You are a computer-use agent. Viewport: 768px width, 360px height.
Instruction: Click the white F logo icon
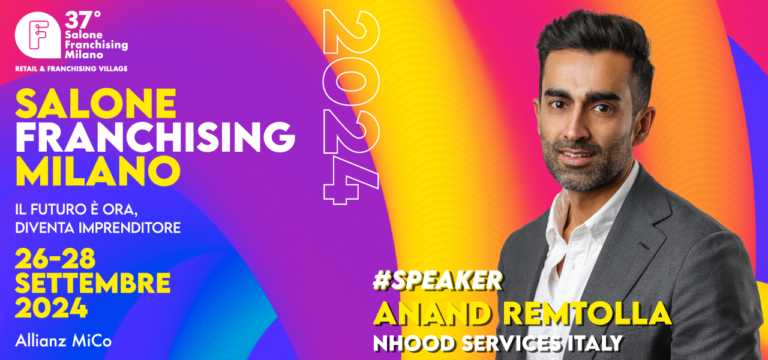point(38,35)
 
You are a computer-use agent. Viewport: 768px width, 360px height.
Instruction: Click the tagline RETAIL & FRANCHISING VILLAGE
point(71,69)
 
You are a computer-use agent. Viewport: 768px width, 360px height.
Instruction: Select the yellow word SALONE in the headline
point(96,103)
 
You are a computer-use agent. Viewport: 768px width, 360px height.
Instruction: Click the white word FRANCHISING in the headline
point(155,137)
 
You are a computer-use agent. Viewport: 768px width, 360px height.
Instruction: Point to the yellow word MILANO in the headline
point(98,171)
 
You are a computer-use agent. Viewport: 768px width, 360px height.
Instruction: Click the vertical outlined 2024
point(352,107)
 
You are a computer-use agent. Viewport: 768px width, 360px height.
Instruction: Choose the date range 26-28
point(55,259)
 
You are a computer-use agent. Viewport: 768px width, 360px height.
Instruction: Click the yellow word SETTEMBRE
point(93,283)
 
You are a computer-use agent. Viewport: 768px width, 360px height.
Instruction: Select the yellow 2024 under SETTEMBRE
point(52,308)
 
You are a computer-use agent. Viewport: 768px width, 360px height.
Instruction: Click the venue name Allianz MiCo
point(64,341)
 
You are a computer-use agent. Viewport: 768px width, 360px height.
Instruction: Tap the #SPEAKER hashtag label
point(437,281)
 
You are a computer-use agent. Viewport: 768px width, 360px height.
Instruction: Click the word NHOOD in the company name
point(414,343)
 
